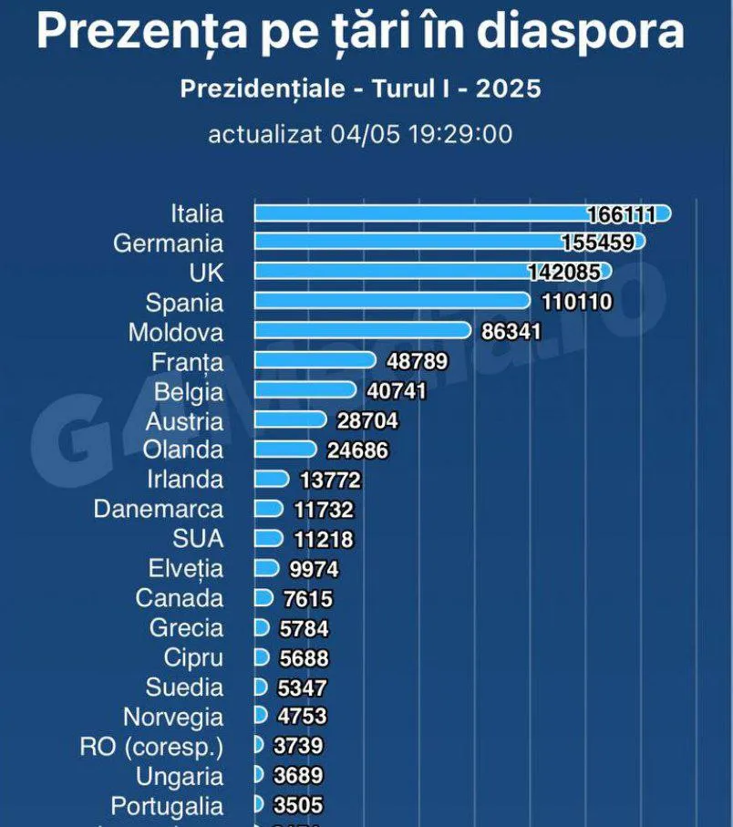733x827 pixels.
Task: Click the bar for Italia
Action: click(419, 213)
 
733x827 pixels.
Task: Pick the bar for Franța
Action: click(315, 361)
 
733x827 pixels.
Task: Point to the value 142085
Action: click(563, 272)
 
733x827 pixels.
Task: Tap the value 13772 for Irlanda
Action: click(330, 480)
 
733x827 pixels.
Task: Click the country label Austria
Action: click(184, 421)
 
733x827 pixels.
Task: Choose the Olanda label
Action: click(183, 450)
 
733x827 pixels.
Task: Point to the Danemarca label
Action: click(159, 508)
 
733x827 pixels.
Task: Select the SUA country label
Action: click(198, 538)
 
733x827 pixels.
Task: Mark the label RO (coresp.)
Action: click(151, 747)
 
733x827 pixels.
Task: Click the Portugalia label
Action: click(167, 806)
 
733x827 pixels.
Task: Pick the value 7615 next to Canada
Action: click(307, 599)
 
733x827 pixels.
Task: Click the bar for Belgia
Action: click(305, 390)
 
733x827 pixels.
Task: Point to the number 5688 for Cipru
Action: click(303, 658)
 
